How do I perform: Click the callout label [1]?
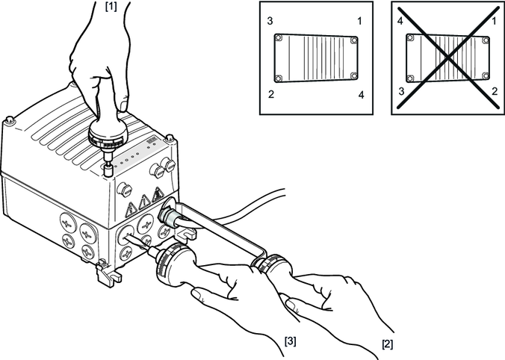click(111, 7)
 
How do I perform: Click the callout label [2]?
click(388, 344)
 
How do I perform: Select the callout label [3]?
click(290, 341)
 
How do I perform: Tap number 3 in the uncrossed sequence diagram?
click(270, 21)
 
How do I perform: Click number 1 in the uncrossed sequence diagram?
click(359, 21)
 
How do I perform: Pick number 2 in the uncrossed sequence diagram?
click(271, 94)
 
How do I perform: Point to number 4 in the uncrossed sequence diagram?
click(361, 95)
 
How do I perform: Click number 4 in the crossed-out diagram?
click(400, 21)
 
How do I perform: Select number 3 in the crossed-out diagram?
click(401, 91)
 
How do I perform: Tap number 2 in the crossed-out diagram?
click(495, 91)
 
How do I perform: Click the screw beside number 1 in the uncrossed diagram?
click(354, 40)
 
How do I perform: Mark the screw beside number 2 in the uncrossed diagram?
click(279, 78)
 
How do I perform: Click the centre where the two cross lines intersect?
click(447, 58)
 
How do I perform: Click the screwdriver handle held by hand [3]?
click(176, 265)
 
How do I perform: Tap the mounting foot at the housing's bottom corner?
click(108, 273)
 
